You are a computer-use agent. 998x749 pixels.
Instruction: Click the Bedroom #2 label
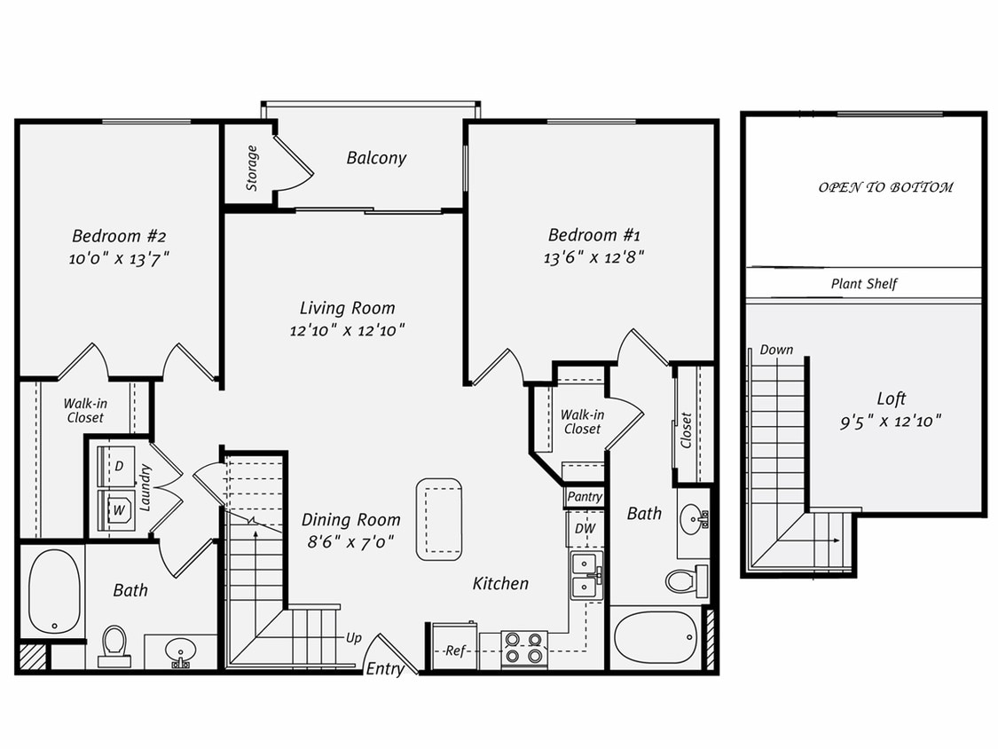pos(119,236)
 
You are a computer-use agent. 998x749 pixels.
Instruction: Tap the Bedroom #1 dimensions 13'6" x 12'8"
pos(593,257)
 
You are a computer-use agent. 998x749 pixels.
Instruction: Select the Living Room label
pos(347,308)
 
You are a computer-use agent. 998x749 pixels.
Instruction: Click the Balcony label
pos(376,158)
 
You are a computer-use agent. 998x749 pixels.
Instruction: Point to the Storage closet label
pos(252,168)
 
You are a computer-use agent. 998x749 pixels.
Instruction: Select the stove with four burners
pos(524,649)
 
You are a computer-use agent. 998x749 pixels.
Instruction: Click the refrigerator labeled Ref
pos(455,650)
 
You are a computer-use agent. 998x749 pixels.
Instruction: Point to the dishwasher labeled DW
pos(585,529)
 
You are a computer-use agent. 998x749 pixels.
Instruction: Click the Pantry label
pos(585,497)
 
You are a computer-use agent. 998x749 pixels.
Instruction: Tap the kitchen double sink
pos(586,574)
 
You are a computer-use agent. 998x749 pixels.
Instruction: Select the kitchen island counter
pos(439,519)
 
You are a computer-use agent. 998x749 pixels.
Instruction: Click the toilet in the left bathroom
pos(114,644)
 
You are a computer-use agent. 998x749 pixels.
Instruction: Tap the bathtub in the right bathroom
pos(655,636)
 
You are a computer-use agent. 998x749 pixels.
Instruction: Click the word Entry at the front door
pos(385,669)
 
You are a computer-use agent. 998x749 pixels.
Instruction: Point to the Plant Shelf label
pos(863,285)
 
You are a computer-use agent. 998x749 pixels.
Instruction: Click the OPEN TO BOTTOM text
pos(884,187)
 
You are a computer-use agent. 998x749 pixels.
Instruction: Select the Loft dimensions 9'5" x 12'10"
pos(890,422)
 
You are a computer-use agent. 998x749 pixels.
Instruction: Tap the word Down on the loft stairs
pos(776,350)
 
